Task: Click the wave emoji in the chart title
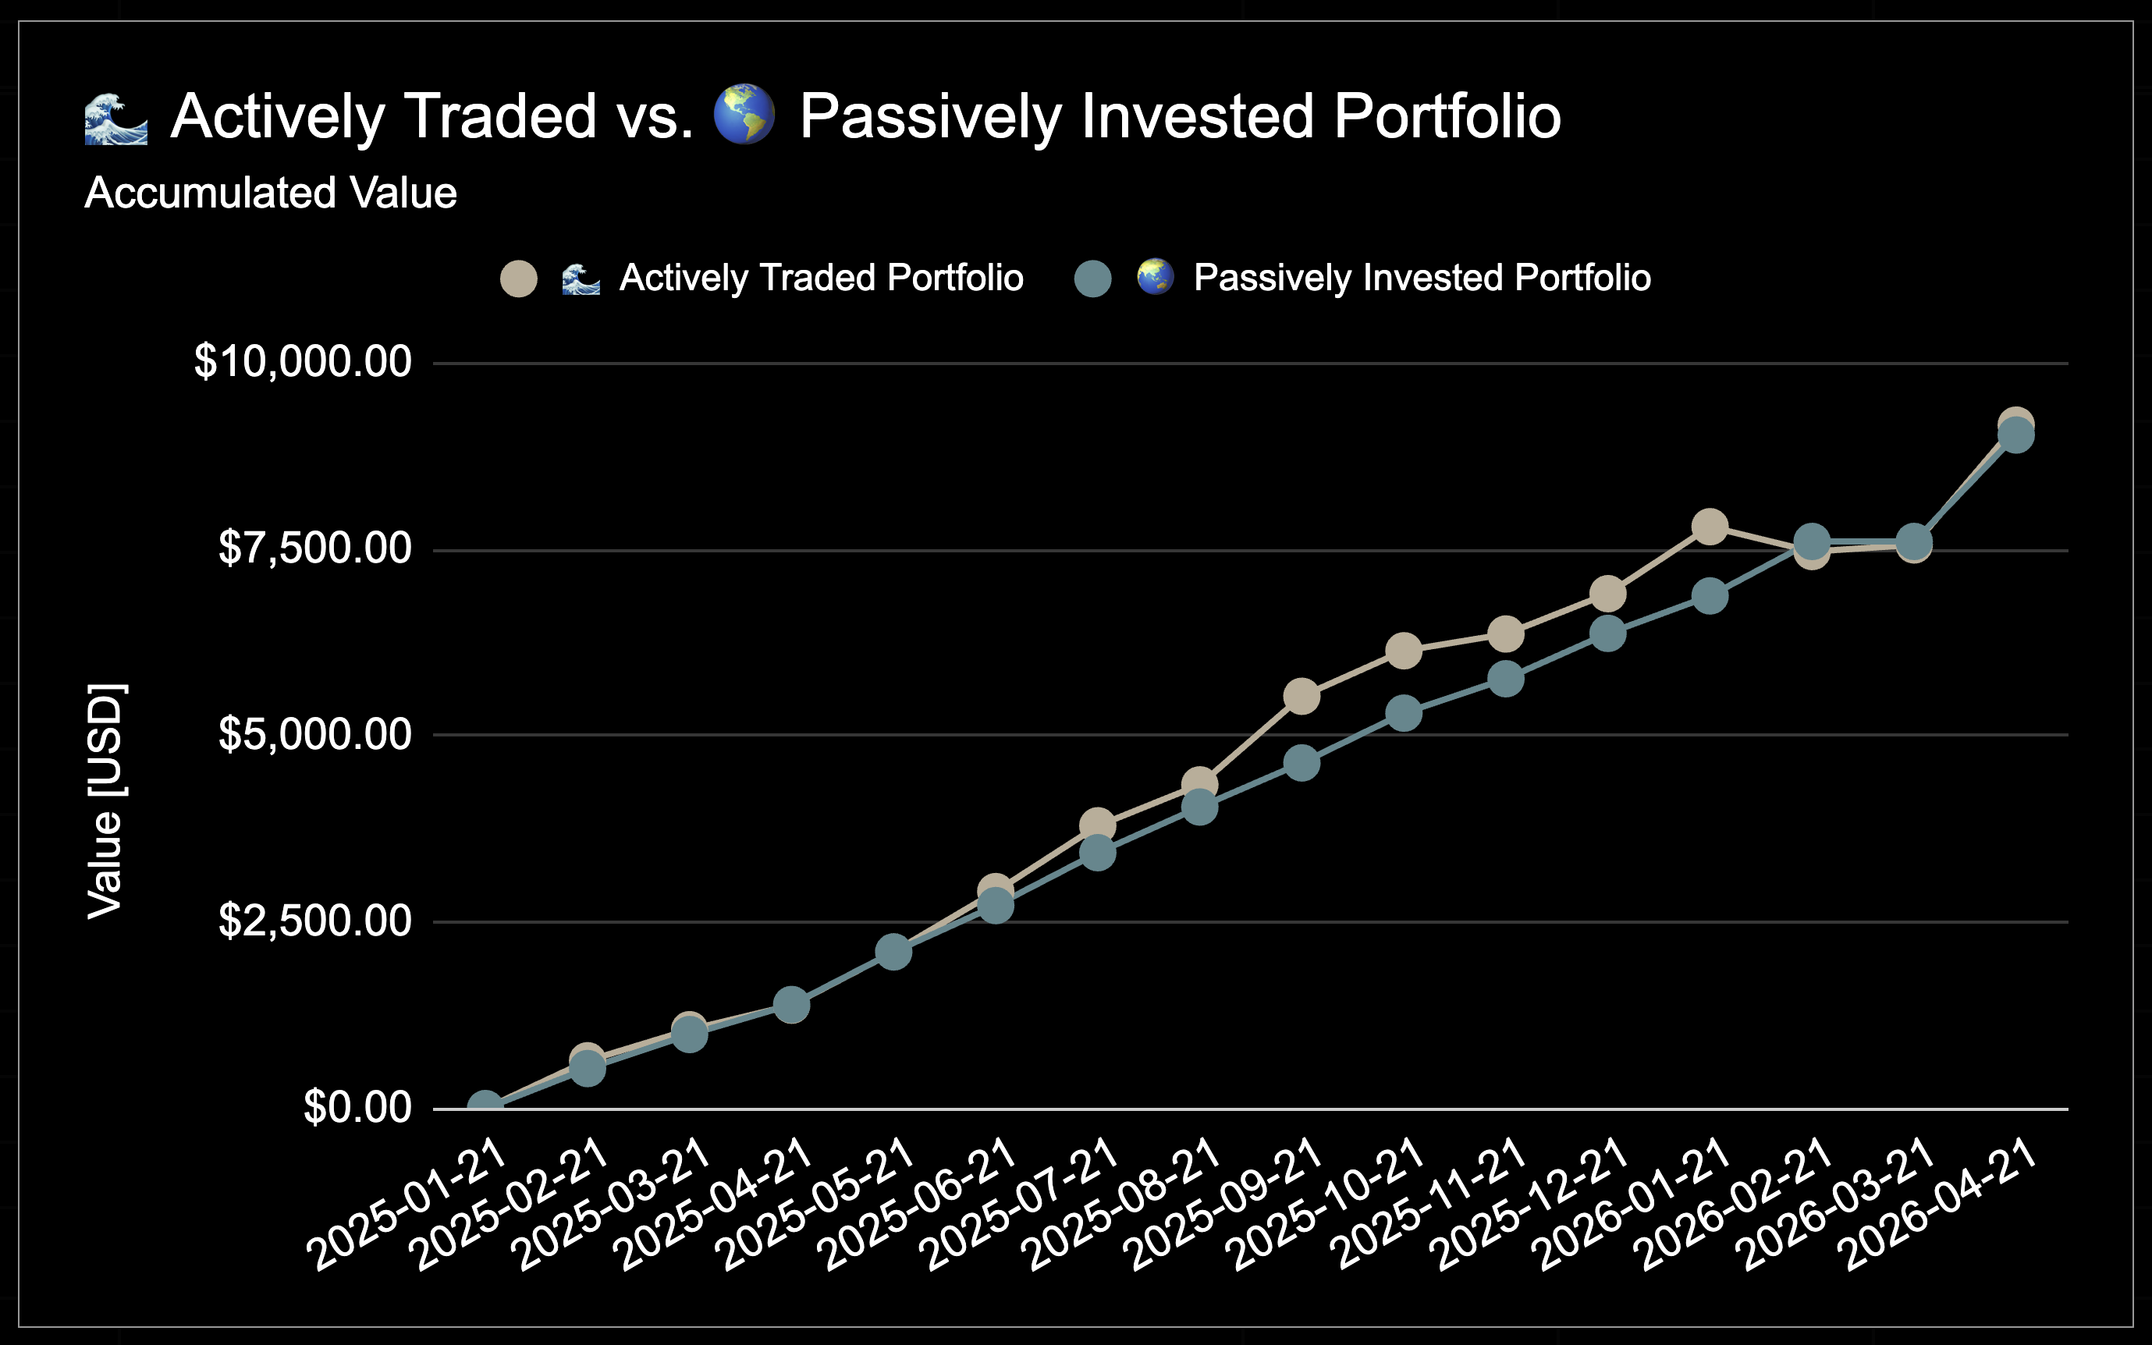coord(115,118)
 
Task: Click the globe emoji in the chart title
coord(744,115)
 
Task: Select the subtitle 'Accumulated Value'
coord(271,193)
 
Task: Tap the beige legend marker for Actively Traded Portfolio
coord(519,279)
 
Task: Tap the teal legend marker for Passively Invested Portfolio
coord(1092,279)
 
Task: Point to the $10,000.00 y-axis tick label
coord(303,362)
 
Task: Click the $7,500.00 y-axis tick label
coord(315,548)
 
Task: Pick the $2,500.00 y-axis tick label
coord(315,921)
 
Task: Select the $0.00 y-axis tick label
coord(357,1108)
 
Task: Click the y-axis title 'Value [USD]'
coord(106,800)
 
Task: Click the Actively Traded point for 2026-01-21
coord(1709,527)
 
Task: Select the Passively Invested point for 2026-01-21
coord(1709,596)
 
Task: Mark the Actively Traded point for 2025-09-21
coord(1301,697)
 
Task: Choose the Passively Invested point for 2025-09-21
coord(1301,763)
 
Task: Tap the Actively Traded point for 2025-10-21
coord(1404,651)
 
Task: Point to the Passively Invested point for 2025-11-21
coord(1505,680)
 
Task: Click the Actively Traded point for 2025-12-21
coord(1607,594)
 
